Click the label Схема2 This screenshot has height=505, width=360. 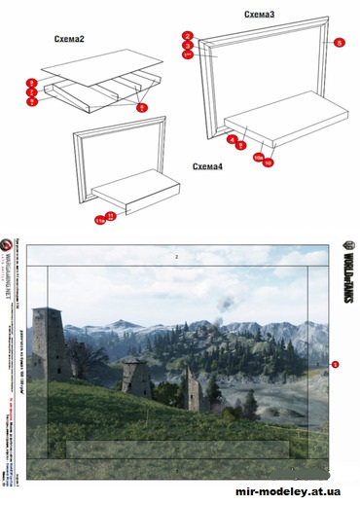pos(70,41)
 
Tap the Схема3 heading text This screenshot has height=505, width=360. pos(259,15)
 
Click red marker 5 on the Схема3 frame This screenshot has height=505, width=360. pos(339,44)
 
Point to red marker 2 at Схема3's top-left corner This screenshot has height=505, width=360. pos(187,37)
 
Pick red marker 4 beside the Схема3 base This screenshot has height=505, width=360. pos(233,140)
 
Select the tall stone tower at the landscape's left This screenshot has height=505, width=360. pos(45,341)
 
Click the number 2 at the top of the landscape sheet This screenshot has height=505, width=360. pos(176,257)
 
